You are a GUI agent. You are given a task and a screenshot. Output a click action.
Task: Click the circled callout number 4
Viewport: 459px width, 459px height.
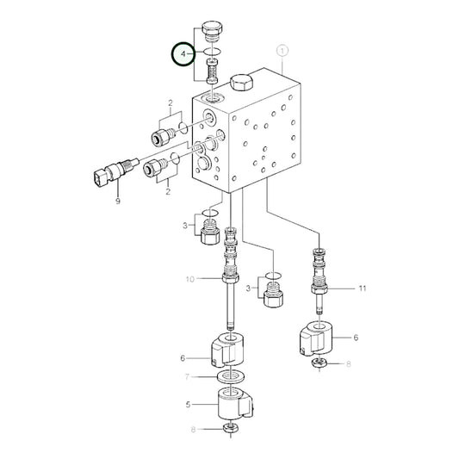(x=182, y=54)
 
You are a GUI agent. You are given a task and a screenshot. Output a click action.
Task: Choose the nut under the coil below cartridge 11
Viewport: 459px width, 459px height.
(x=319, y=364)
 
